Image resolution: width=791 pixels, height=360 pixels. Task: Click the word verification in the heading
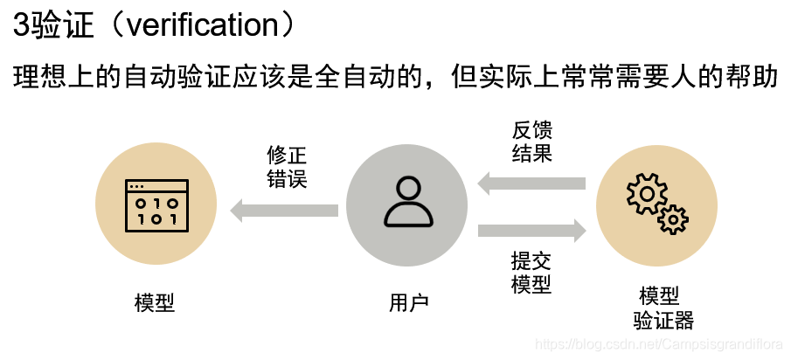[202, 24]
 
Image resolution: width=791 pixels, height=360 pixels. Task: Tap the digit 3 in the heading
[21, 24]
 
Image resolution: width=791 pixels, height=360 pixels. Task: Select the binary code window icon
[156, 206]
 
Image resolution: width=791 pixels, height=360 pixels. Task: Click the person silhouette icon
[407, 204]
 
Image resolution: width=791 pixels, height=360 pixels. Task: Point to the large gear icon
[646, 195]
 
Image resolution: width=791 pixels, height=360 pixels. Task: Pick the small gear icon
[673, 219]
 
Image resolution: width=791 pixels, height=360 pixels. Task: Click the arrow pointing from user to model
[284, 210]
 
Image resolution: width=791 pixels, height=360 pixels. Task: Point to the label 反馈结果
[531, 142]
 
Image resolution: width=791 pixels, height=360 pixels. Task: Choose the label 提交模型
[531, 272]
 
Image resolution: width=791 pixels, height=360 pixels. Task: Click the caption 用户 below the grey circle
[408, 302]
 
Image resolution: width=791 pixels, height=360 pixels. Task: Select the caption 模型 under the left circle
[155, 302]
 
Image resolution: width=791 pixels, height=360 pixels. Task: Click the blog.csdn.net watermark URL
[659, 347]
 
